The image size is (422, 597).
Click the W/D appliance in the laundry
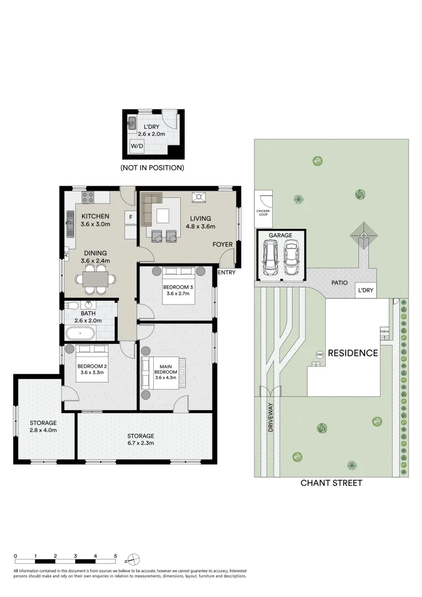[137, 146]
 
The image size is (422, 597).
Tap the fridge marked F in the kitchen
[131, 217]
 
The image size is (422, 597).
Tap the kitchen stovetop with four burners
[89, 196]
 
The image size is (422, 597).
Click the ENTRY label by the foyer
[227, 273]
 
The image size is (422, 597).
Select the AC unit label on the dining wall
[66, 254]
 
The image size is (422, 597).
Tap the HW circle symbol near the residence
[320, 354]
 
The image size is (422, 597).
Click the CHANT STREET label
[331, 483]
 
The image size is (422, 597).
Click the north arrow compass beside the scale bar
[133, 558]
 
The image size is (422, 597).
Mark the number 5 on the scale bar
[115, 556]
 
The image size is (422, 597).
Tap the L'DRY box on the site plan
[366, 290]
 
